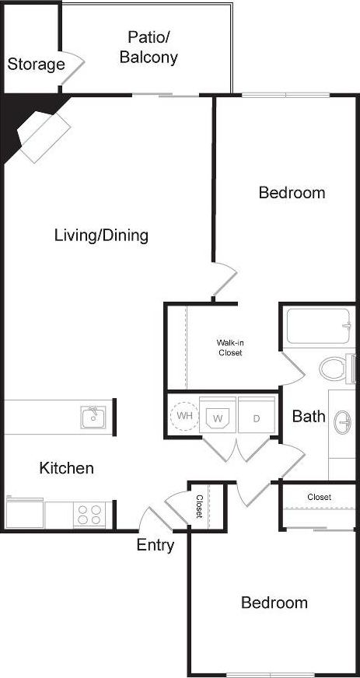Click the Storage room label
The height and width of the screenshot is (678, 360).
click(36, 65)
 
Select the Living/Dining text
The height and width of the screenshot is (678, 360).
click(101, 235)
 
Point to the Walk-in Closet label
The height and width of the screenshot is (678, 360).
click(229, 348)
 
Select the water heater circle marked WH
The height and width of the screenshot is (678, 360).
click(184, 414)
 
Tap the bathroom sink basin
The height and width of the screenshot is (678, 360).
click(343, 424)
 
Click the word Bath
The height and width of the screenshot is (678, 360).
click(308, 417)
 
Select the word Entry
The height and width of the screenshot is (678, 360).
click(156, 545)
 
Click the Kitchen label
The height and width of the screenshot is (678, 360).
click(67, 468)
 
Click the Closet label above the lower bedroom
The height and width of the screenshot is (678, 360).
click(319, 497)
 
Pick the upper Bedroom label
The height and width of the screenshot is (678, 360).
click(292, 193)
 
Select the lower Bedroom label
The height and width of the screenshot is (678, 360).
click(274, 603)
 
